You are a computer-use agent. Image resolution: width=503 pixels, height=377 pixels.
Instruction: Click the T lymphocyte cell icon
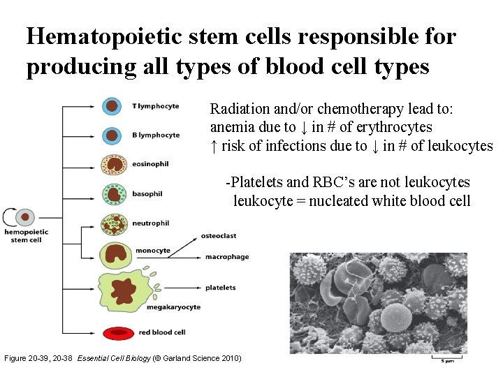pyautogui.click(x=112, y=106)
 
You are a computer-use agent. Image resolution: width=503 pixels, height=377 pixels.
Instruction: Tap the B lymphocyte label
pyautogui.click(x=156, y=135)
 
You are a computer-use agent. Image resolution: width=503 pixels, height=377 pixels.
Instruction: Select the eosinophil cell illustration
pyautogui.click(x=113, y=164)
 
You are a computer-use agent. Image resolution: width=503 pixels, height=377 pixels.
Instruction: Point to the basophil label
pyautogui.click(x=147, y=194)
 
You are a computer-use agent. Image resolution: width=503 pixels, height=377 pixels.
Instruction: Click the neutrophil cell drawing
pyautogui.click(x=112, y=224)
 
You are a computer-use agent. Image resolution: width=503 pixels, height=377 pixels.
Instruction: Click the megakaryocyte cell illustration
pyautogui.click(x=124, y=290)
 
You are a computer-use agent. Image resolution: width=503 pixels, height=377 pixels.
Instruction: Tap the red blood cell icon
pyautogui.click(x=117, y=332)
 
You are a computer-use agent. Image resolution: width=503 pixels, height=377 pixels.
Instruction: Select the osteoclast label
pyautogui.click(x=220, y=236)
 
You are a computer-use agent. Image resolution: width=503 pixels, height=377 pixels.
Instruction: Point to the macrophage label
pyautogui.click(x=226, y=257)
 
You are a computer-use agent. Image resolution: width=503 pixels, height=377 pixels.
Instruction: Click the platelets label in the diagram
pyautogui.click(x=220, y=288)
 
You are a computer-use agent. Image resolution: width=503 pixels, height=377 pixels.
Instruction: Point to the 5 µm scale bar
pyautogui.click(x=446, y=359)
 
